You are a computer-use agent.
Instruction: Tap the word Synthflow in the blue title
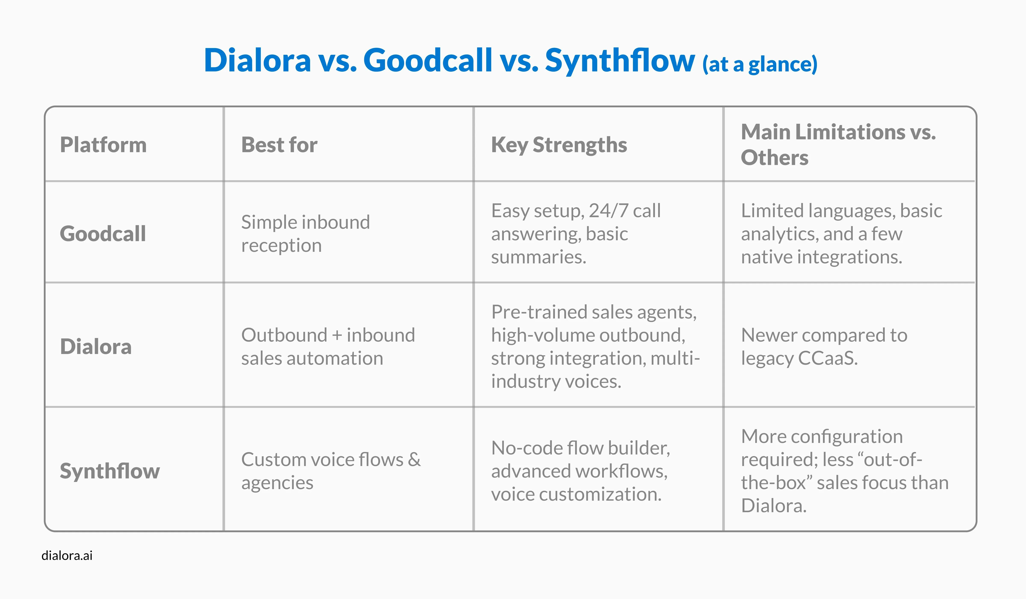(620, 60)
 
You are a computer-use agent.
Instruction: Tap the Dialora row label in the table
(96, 347)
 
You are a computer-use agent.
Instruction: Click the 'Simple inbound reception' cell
(305, 233)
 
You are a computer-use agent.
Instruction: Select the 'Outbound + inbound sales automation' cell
(328, 347)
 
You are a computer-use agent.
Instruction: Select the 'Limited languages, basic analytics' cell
(841, 233)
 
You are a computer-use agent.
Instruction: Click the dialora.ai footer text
(67, 555)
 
